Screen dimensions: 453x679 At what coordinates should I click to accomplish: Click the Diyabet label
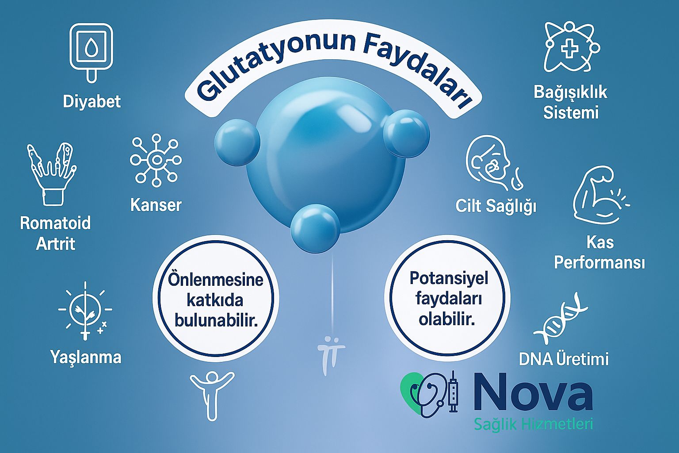pyautogui.click(x=92, y=102)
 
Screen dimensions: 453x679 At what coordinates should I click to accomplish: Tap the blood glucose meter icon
pyautogui.click(x=91, y=51)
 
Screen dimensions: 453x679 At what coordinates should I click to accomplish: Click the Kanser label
pyautogui.click(x=156, y=205)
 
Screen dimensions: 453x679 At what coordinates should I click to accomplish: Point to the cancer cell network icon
pyautogui.click(x=156, y=160)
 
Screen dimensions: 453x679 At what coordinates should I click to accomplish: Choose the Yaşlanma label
pyautogui.click(x=86, y=357)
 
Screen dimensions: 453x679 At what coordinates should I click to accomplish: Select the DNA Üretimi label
pyautogui.click(x=564, y=359)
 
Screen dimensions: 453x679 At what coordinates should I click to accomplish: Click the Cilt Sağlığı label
pyautogui.click(x=496, y=206)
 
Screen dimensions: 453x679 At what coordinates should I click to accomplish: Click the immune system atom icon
pyautogui.click(x=571, y=47)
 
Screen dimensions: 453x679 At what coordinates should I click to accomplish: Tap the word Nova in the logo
pyautogui.click(x=533, y=392)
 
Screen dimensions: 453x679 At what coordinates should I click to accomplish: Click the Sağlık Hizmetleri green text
pyautogui.click(x=533, y=424)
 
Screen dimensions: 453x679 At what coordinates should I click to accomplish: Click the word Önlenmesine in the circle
pyautogui.click(x=216, y=280)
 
